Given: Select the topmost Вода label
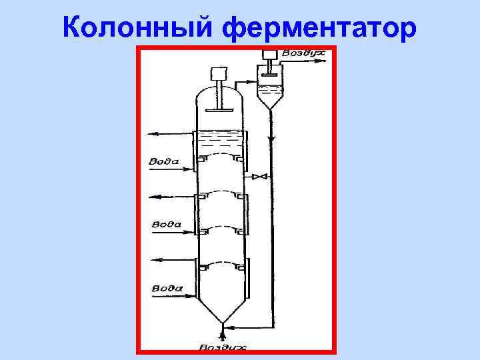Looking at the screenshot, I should [x=163, y=161].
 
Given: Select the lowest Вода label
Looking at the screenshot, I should [x=167, y=288].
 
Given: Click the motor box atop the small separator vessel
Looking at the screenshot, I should [x=269, y=55].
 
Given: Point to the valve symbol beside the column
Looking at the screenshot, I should [x=259, y=177].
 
